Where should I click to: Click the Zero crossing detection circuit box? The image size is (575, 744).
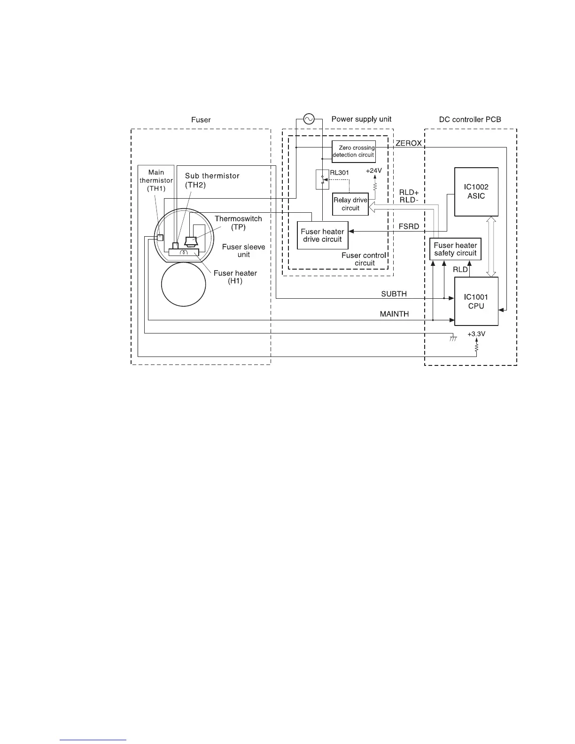click(353, 151)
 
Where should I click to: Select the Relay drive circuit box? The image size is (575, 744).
click(350, 204)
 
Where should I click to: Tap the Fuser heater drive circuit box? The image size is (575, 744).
click(323, 235)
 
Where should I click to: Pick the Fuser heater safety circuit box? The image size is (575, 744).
click(455, 249)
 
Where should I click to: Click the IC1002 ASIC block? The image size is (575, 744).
click(476, 192)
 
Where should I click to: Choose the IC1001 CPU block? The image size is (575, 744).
click(476, 302)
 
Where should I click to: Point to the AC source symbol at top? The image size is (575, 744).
click(309, 119)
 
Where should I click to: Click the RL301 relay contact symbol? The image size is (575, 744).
click(322, 179)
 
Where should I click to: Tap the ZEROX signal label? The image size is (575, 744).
click(408, 143)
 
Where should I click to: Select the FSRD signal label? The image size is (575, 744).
click(408, 226)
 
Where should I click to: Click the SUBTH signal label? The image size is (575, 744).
click(394, 294)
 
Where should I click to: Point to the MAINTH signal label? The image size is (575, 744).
click(394, 314)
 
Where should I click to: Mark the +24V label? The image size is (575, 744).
click(374, 171)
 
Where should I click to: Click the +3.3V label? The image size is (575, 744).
click(476, 334)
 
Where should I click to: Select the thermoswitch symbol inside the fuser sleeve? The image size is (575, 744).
click(191, 241)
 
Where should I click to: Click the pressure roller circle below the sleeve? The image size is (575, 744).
click(183, 285)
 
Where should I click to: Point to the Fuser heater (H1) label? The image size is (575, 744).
click(235, 277)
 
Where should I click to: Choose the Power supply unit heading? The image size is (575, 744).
click(361, 119)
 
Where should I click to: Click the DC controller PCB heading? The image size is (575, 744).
click(470, 119)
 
